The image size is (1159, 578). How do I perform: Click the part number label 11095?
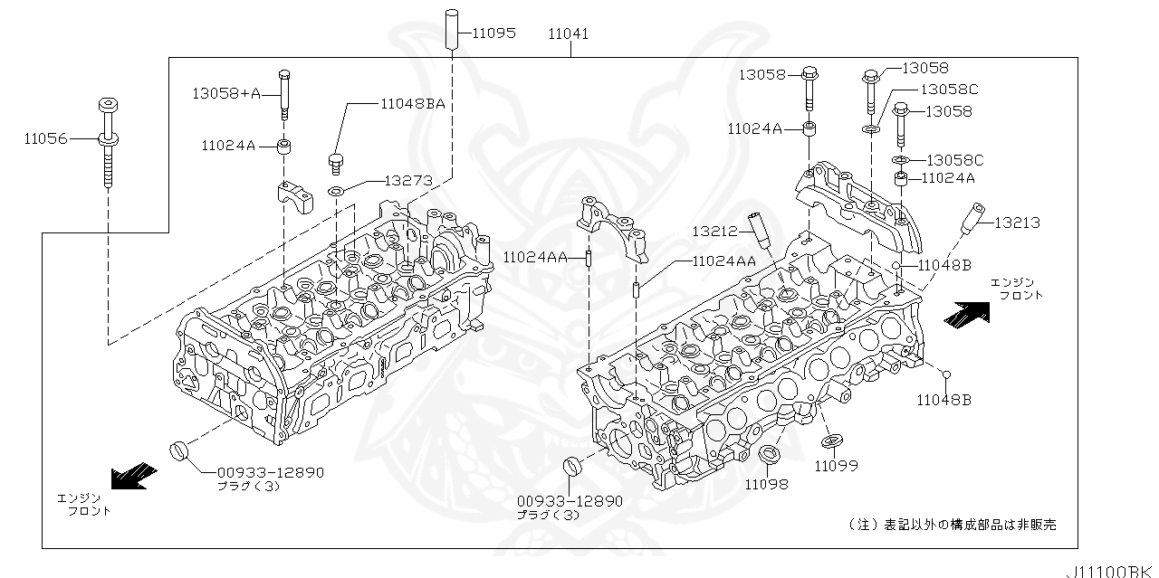494,33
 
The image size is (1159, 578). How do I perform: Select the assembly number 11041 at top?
568,33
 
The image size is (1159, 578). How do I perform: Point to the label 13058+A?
225,92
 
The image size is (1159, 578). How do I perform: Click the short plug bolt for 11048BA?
336,162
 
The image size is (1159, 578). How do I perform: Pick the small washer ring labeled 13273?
335,191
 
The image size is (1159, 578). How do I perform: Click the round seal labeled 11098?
768,455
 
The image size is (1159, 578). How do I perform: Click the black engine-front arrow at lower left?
134,475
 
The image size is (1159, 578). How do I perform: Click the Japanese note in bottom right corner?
951,525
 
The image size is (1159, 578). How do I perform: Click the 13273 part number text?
407,180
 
